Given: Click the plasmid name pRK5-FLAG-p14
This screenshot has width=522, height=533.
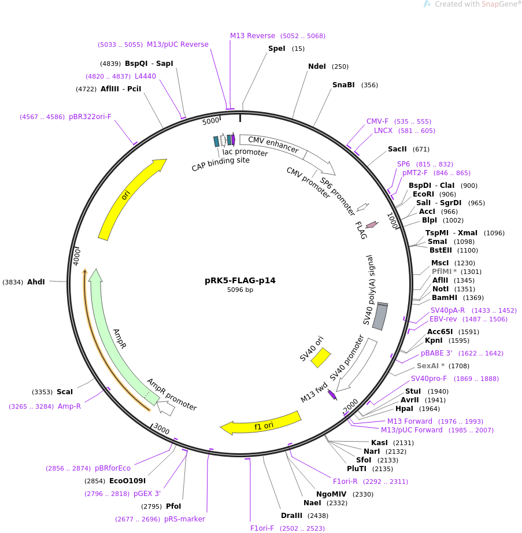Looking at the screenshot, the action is pyautogui.click(x=240, y=280).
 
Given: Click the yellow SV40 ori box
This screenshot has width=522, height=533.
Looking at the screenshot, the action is pyautogui.click(x=320, y=357).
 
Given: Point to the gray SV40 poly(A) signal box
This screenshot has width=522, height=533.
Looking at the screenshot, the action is pyautogui.click(x=380, y=316).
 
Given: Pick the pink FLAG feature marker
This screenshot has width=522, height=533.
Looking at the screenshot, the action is pyautogui.click(x=372, y=224).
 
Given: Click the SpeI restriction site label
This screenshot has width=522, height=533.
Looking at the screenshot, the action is pyautogui.click(x=277, y=49).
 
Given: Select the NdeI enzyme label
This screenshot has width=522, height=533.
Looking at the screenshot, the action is pyautogui.click(x=317, y=66).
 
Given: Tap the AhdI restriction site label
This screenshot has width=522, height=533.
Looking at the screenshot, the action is pyautogui.click(x=36, y=282).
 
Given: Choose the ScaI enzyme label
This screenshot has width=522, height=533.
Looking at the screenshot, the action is pyautogui.click(x=65, y=391).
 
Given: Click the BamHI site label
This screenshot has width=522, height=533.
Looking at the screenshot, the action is pyautogui.click(x=445, y=298).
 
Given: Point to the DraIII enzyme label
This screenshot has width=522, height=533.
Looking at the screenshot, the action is pyautogui.click(x=291, y=515).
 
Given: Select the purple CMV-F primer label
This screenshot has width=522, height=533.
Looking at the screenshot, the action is pyautogui.click(x=377, y=121).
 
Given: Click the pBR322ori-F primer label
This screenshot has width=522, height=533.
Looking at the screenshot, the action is pyautogui.click(x=90, y=117).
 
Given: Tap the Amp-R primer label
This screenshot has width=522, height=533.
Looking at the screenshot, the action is pyautogui.click(x=69, y=406).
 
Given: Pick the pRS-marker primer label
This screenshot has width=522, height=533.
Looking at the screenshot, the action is pyautogui.click(x=184, y=519).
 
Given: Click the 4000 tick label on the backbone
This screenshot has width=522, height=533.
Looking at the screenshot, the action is pyautogui.click(x=77, y=257).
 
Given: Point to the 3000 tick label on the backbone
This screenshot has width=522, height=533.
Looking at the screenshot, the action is pyautogui.click(x=161, y=428).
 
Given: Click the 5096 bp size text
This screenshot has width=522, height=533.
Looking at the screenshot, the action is pyautogui.click(x=240, y=290).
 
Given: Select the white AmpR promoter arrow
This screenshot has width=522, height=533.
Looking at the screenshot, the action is pyautogui.click(x=166, y=408).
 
